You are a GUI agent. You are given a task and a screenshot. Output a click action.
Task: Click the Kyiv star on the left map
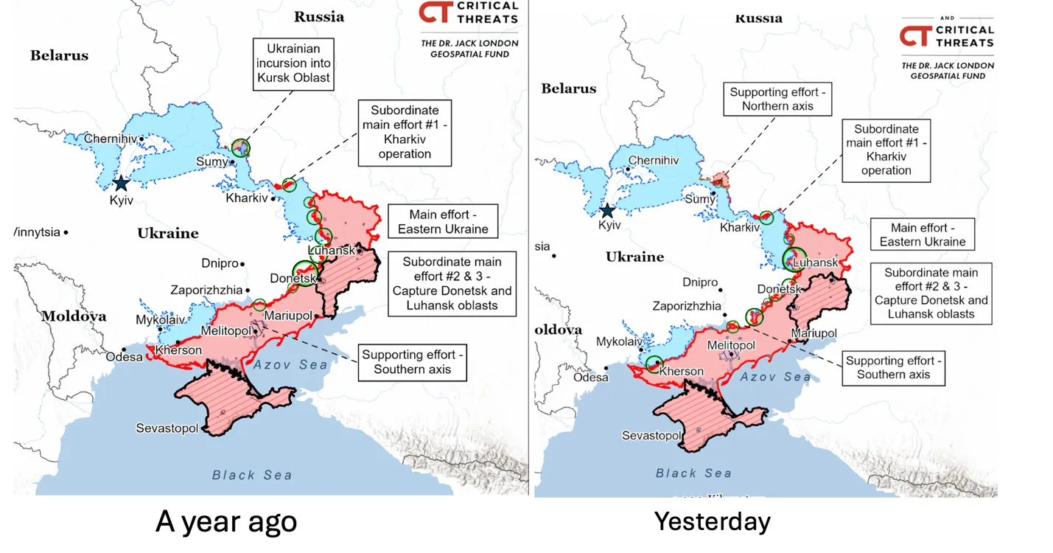pyautogui.click(x=120, y=184)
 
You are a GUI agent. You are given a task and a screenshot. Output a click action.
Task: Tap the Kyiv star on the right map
pyautogui.click(x=607, y=212)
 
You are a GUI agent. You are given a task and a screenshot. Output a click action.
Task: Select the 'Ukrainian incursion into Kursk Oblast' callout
pyautogui.click(x=292, y=64)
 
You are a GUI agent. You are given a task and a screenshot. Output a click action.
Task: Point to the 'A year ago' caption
pyautogui.click(x=226, y=521)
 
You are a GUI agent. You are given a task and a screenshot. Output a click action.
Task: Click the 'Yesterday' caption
pyautogui.click(x=712, y=521)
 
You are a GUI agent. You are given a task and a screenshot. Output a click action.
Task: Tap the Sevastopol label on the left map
pyautogui.click(x=167, y=428)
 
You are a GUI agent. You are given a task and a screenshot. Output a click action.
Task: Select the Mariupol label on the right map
pyautogui.click(x=814, y=333)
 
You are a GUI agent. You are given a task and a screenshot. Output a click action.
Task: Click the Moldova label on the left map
pyautogui.click(x=74, y=316)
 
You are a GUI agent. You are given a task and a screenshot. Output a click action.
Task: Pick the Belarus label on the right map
pyautogui.click(x=568, y=88)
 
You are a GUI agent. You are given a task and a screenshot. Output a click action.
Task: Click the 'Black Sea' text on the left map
pyautogui.click(x=252, y=475)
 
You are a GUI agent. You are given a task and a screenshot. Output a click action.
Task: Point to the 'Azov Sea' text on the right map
pyautogui.click(x=775, y=377)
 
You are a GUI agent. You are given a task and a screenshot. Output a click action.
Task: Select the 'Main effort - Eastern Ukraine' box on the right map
pyautogui.click(x=922, y=235)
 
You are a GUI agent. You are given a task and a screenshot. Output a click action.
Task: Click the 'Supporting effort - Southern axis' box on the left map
pyautogui.click(x=412, y=362)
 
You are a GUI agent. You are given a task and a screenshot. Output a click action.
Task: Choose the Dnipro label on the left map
pyautogui.click(x=220, y=263)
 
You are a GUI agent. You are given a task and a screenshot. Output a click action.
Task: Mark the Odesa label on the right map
pyautogui.click(x=591, y=378)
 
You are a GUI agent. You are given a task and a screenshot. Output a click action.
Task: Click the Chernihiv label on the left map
pyautogui.click(x=111, y=139)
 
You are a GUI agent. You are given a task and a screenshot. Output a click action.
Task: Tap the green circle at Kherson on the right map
pyautogui.click(x=654, y=364)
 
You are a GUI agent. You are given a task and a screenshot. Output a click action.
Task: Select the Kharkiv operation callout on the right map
pyautogui.click(x=886, y=150)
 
